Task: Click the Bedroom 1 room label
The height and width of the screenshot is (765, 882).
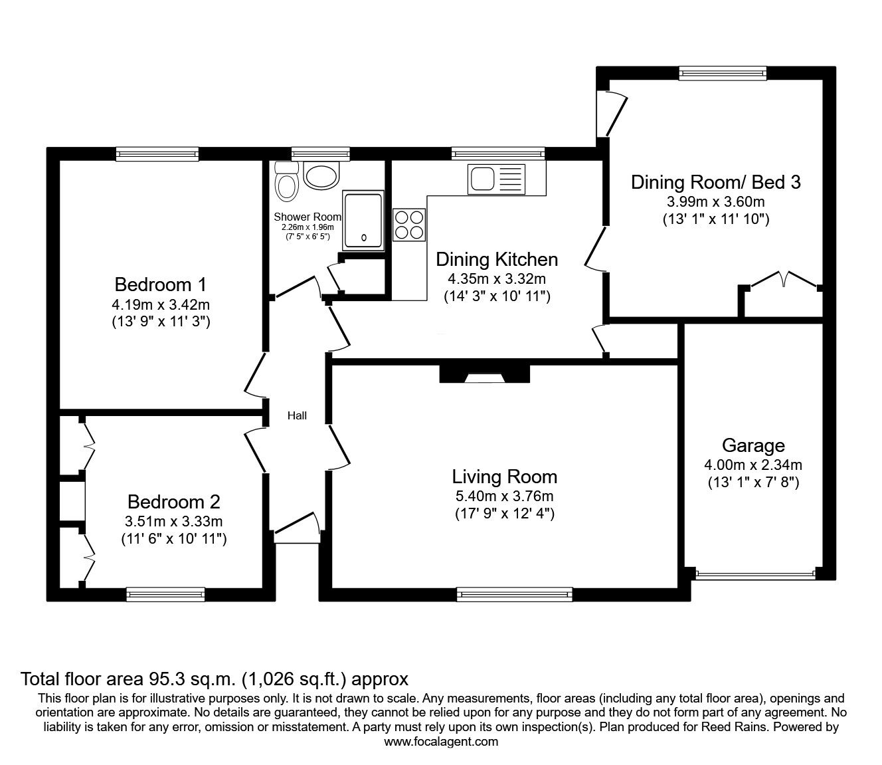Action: (x=160, y=285)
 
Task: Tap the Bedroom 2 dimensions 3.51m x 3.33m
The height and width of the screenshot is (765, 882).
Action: (x=174, y=521)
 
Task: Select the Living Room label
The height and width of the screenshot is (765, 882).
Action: (x=504, y=477)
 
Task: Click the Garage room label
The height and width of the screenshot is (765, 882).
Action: (x=753, y=445)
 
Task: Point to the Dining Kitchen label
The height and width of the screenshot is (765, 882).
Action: (x=496, y=259)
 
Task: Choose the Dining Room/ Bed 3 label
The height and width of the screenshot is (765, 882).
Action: (x=715, y=182)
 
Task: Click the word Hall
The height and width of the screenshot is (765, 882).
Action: (x=297, y=416)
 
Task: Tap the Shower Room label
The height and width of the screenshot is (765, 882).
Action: (x=307, y=217)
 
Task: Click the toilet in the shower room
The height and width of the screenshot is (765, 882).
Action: (x=287, y=182)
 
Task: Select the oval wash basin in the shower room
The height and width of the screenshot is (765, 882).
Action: (x=321, y=176)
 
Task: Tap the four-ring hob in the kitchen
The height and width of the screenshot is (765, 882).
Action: (x=409, y=224)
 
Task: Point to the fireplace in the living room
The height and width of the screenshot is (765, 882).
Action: (x=484, y=375)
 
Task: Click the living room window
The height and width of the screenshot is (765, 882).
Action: (x=515, y=594)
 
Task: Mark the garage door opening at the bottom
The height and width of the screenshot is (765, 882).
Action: (x=754, y=574)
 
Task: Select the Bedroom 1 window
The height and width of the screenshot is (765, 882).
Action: (x=157, y=154)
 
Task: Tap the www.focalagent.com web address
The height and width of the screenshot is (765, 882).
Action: (x=441, y=742)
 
